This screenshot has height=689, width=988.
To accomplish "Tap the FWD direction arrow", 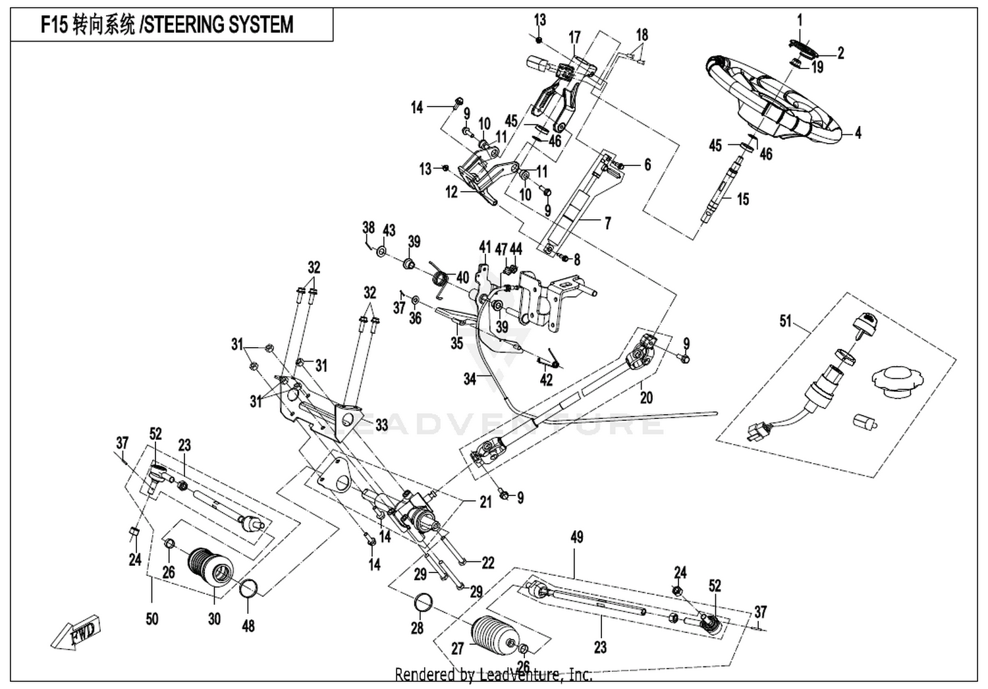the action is pos(76,633).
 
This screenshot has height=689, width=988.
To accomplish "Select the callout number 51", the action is pos(785,321).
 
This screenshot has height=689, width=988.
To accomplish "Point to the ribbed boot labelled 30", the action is pos(211,568).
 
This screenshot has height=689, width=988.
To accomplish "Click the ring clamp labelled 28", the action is pos(424,603).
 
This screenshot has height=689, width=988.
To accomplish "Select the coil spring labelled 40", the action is pos(439,279).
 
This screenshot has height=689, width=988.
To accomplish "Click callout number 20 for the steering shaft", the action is pos(646,397).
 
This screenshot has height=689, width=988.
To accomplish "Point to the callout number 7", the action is pos(608,223).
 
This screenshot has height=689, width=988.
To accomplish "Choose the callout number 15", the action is pos(743,199).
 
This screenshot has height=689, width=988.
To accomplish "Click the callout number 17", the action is pos(575,38).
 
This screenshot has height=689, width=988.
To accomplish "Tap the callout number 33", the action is pos(381,426).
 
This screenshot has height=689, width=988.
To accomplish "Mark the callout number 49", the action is pos(576,537).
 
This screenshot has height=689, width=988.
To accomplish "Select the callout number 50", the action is pos(151,619).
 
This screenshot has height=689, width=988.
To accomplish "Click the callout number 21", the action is pos(485,501).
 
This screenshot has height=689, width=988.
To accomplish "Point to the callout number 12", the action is pos(451,192).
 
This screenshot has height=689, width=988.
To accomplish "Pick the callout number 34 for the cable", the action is pos(470,379).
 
